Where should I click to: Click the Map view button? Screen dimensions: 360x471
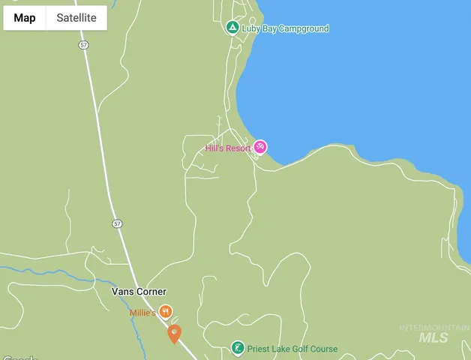[x=25, y=18]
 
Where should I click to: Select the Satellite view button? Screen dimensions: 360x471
[x=76, y=18]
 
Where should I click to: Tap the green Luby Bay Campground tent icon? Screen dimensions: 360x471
[x=232, y=28]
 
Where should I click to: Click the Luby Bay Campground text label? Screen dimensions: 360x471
[x=285, y=28]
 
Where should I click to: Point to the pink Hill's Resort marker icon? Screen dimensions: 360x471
[x=259, y=147]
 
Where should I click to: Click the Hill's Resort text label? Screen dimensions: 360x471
[x=228, y=148]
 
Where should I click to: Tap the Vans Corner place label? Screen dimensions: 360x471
[x=139, y=292]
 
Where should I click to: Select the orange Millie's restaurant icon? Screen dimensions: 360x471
[x=166, y=311]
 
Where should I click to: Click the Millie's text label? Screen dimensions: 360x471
[x=142, y=313]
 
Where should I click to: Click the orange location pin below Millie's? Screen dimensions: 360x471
[x=174, y=332]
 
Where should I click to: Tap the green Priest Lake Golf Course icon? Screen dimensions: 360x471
[x=237, y=348]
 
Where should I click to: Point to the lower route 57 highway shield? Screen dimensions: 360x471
[x=117, y=223]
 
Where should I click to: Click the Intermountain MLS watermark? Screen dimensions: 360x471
[x=434, y=333]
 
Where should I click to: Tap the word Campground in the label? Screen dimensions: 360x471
[x=303, y=28]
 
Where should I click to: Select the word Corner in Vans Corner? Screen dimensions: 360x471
[x=151, y=292]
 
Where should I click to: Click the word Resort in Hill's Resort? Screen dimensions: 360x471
[x=238, y=148]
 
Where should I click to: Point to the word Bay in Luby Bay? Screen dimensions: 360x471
[x=268, y=28]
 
